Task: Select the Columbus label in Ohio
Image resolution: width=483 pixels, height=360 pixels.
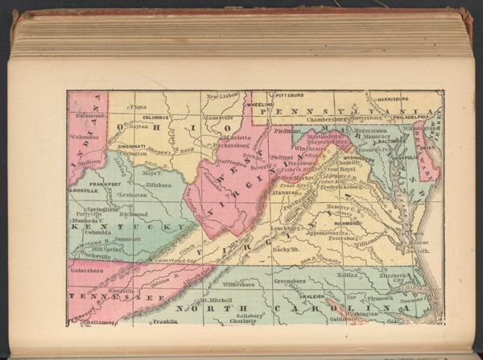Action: (x=155, y=117)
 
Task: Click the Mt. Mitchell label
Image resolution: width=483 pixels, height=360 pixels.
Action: (x=219, y=300)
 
